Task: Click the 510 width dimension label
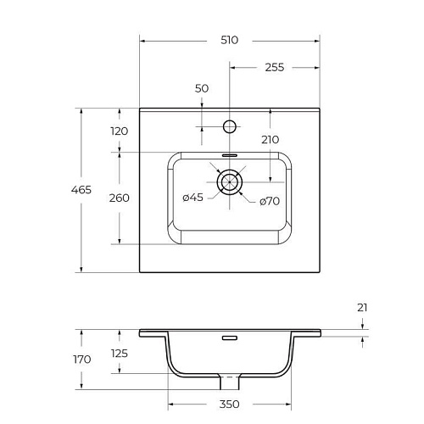[229, 40]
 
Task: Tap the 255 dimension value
[275, 67]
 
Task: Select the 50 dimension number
[202, 88]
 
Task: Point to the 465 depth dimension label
[81, 190]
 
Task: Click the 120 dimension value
[120, 131]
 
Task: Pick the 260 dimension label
[120, 198]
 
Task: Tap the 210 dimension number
[271, 140]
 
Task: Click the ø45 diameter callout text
[193, 198]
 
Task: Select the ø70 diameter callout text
[270, 201]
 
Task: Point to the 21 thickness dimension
[362, 308]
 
